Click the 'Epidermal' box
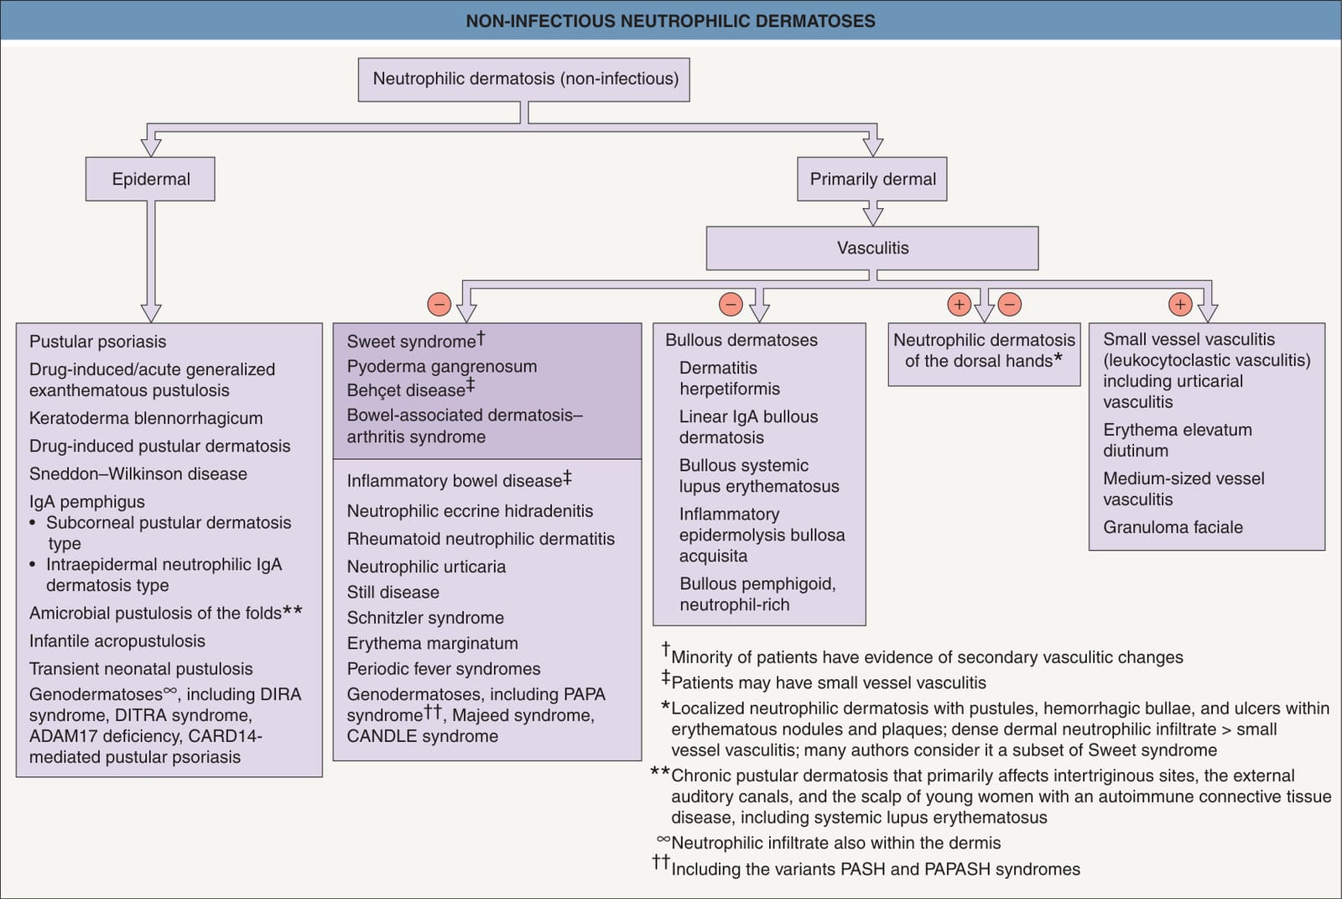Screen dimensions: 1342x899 coord(150,179)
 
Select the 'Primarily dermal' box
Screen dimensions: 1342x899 coord(871,179)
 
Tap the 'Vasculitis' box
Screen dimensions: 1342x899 coord(872,248)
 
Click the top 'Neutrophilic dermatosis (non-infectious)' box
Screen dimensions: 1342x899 coord(524,79)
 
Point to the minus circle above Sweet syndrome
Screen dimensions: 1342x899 coord(440,304)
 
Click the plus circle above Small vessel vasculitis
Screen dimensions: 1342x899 coord(1180,304)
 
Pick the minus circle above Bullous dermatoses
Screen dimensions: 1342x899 coord(731,304)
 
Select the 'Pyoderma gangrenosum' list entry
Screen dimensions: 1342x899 coord(441,366)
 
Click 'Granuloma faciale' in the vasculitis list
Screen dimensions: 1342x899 coord(1173,527)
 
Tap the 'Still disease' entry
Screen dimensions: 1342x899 coord(393,592)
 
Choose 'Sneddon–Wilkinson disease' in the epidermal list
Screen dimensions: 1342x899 coord(138,473)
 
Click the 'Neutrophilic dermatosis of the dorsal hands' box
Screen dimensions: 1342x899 coord(985,354)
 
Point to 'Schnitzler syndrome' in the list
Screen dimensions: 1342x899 coord(425,618)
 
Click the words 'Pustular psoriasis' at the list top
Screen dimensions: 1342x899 coord(97,342)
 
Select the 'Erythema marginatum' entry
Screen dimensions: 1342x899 coord(433,643)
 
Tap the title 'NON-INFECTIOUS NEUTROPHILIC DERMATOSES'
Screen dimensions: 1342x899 coord(670,21)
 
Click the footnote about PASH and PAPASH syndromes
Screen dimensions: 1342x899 coord(866,868)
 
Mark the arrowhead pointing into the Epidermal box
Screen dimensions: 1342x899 coord(150,148)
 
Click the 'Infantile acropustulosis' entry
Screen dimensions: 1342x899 coord(117,640)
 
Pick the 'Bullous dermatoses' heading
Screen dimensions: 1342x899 coord(741,340)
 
